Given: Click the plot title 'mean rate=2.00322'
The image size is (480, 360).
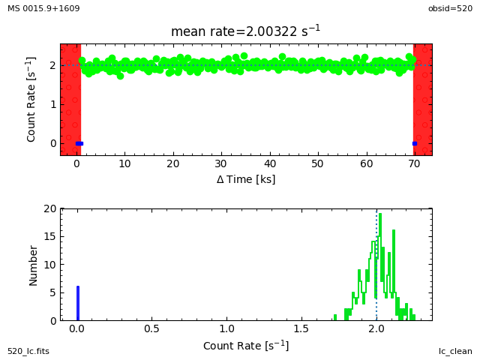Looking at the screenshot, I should pyautogui.click(x=245, y=31).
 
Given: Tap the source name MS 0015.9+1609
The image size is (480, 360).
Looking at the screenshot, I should pyautogui.click(x=43, y=8).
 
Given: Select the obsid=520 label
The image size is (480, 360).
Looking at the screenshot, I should pyautogui.click(x=450, y=8).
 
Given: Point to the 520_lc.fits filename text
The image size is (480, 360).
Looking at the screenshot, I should pyautogui.click(x=28, y=351).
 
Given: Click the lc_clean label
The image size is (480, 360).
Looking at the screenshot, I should pyautogui.click(x=455, y=351).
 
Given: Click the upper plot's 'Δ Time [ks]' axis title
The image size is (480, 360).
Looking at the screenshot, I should pyautogui.click(x=246, y=179).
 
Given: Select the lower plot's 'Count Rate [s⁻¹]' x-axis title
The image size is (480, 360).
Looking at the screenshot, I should pyautogui.click(x=246, y=346).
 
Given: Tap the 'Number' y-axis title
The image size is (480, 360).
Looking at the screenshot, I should pyautogui.click(x=33, y=265).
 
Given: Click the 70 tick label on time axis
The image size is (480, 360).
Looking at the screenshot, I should pyautogui.click(x=414, y=163).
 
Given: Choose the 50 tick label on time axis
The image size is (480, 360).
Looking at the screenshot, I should pyautogui.click(x=318, y=163).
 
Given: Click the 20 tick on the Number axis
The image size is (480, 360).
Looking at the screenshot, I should pyautogui.click(x=50, y=208).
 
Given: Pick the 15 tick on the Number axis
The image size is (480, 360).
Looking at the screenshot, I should pyautogui.click(x=50, y=236).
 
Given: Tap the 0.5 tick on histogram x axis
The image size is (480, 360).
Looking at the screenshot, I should pyautogui.click(x=151, y=328).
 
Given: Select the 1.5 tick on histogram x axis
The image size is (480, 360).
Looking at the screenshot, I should pyautogui.click(x=301, y=328).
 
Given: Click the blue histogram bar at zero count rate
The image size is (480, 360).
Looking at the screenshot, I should pyautogui.click(x=77, y=303).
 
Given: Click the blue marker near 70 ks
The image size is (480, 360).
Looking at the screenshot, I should pyautogui.click(x=414, y=143).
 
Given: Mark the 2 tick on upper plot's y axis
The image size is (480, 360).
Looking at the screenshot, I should pyautogui.click(x=53, y=65).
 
